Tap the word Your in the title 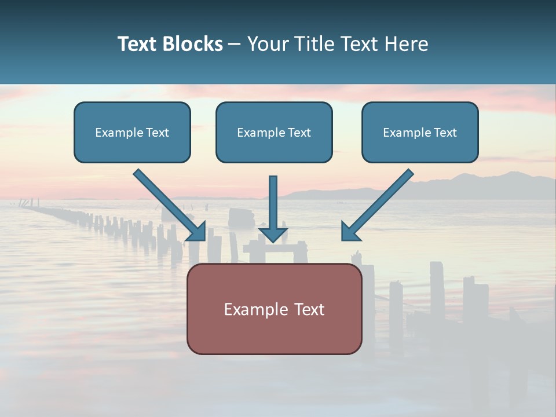[x=268, y=44]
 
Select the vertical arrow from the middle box [x=273, y=203]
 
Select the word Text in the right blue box [x=445, y=133]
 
